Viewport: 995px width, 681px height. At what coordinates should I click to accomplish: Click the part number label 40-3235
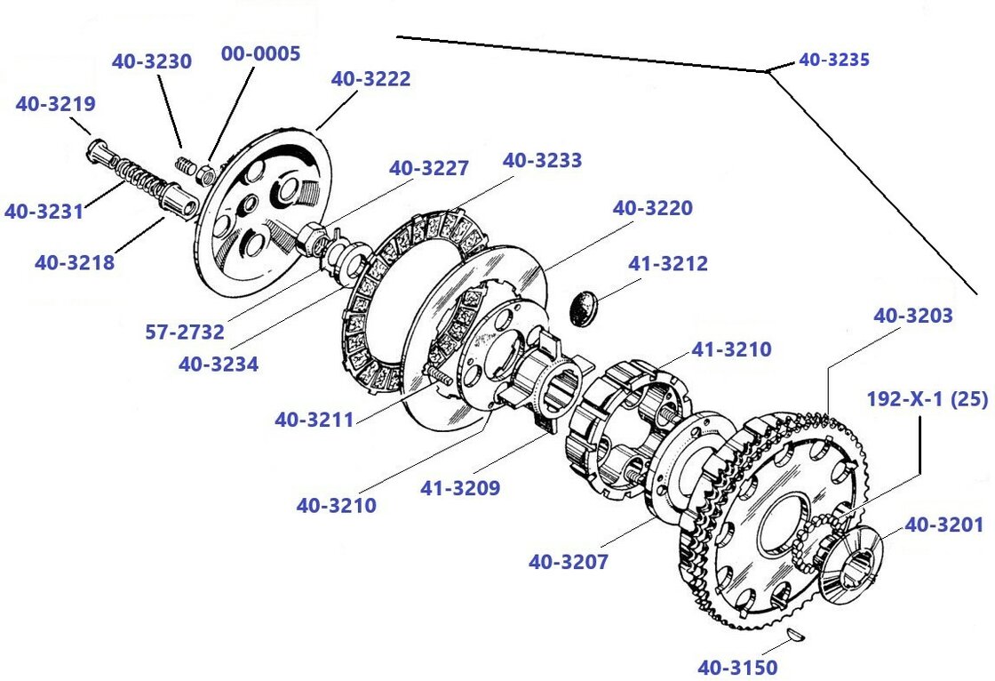pos(833,60)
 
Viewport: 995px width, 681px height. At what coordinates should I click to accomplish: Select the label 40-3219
pos(55,104)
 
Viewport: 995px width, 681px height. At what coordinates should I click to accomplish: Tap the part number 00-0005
pos(260,53)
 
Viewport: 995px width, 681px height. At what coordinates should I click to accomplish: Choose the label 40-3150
pos(736,667)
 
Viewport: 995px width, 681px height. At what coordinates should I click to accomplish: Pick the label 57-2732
pos(185,332)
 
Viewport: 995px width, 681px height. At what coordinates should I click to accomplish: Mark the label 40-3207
pos(569,562)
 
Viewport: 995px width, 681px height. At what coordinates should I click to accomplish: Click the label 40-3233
pos(542,161)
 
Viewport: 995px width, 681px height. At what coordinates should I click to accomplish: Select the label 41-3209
pos(460,488)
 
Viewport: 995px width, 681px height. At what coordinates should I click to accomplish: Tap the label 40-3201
pos(944,525)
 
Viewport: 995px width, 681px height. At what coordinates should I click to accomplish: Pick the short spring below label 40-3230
pos(186,165)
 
